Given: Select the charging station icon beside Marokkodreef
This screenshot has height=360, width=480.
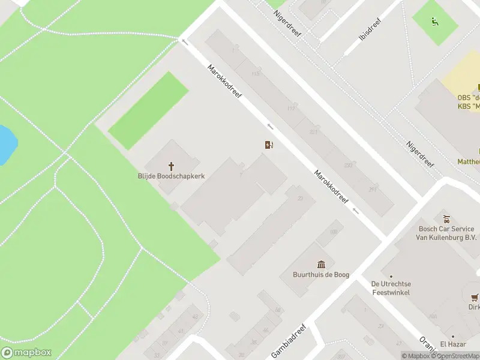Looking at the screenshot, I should (269, 145).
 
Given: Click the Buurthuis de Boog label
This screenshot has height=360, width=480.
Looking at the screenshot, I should (320, 275).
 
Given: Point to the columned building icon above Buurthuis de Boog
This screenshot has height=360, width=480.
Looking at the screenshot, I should (321, 264).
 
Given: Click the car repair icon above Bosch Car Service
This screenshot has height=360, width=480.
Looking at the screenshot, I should (446, 219).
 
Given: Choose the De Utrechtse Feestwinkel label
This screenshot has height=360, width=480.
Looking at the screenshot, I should (391, 288).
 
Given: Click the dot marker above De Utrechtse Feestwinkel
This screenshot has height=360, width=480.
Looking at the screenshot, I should (391, 277).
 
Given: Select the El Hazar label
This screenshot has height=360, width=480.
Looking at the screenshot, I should (453, 344).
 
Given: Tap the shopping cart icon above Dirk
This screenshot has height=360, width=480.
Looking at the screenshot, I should (475, 297).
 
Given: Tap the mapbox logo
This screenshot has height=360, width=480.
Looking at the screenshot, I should (26, 353).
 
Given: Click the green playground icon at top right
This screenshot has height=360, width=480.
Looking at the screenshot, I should (434, 23).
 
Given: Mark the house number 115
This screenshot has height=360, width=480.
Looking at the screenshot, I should (256, 74).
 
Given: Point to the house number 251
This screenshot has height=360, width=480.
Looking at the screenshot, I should (372, 190).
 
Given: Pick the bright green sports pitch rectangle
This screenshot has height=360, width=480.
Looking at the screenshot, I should (148, 110).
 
